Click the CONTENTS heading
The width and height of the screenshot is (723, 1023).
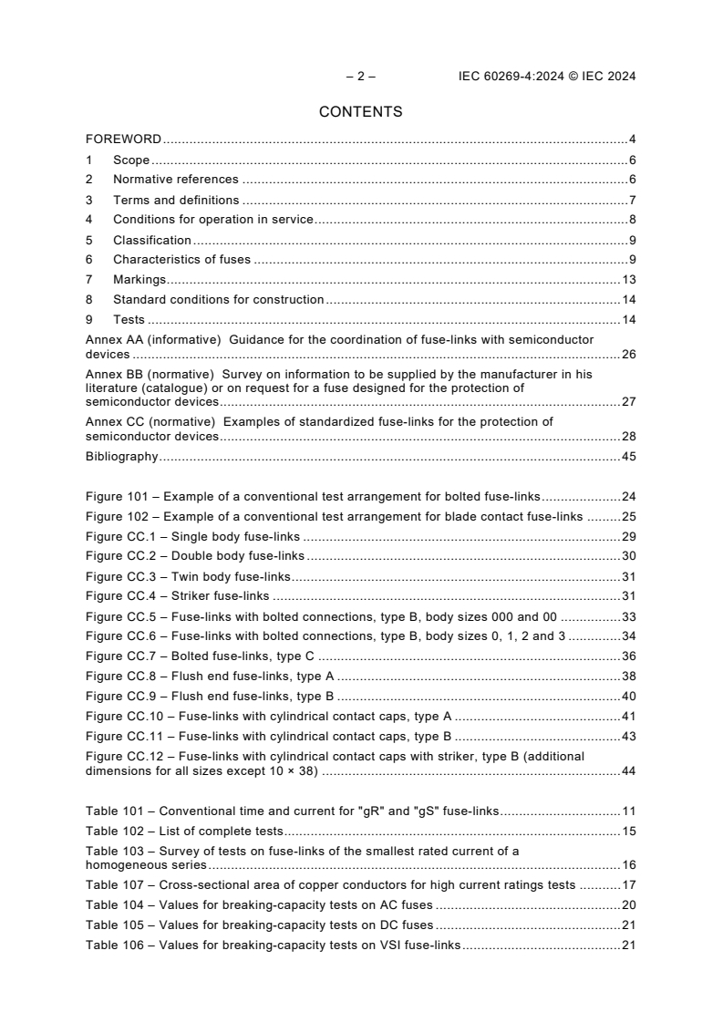click(x=360, y=112)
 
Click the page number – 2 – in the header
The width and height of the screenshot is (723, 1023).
click(x=361, y=77)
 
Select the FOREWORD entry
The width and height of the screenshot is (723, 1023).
click(x=123, y=139)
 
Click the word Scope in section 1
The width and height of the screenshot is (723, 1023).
click(x=130, y=160)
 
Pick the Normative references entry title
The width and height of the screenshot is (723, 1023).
click(x=175, y=180)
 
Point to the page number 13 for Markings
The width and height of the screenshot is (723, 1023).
click(x=628, y=279)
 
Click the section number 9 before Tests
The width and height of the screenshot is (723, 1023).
click(x=89, y=319)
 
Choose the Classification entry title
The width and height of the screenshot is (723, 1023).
click(x=151, y=240)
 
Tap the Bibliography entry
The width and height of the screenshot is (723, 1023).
click(x=121, y=457)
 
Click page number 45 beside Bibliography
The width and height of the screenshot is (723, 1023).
click(x=628, y=457)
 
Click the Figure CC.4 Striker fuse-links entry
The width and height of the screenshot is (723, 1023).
click(x=178, y=596)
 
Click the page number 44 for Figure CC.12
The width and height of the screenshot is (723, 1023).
click(x=628, y=771)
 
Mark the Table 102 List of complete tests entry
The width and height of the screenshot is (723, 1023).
click(x=184, y=831)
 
